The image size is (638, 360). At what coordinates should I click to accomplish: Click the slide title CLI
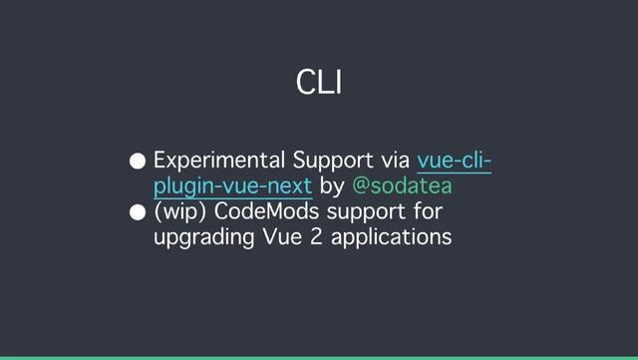[x=319, y=83]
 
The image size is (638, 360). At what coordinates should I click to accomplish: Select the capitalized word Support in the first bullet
[x=331, y=162]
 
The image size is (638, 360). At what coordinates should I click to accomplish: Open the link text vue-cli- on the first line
[x=455, y=161]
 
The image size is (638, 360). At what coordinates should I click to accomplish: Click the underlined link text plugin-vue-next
[x=233, y=186]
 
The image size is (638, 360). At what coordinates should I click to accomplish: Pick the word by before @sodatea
[x=332, y=187]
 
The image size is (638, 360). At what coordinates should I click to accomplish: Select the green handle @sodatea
[x=403, y=186]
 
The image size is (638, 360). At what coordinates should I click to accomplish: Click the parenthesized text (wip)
[x=180, y=213]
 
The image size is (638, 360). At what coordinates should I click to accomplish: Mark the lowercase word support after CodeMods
[x=362, y=214]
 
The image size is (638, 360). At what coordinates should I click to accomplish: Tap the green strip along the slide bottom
[x=319, y=357]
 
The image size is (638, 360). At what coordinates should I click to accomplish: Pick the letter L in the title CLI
[x=321, y=83]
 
